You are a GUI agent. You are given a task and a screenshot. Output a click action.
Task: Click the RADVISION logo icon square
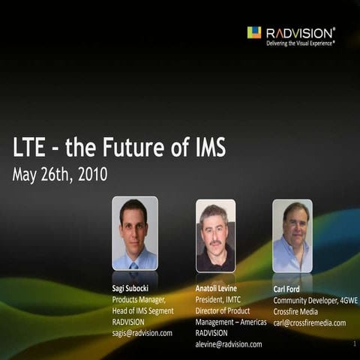pyautogui.click(x=254, y=32)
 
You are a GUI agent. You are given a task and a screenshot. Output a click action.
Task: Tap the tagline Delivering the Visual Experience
pyautogui.click(x=301, y=43)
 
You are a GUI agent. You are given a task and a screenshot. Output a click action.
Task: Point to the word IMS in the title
pyautogui.click(x=205, y=148)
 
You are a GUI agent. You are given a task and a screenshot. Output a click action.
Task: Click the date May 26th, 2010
pyautogui.click(x=60, y=175)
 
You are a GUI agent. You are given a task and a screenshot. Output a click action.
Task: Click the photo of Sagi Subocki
pyautogui.click(x=134, y=233)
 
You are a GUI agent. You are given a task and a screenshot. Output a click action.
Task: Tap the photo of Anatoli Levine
pyautogui.click(x=215, y=235)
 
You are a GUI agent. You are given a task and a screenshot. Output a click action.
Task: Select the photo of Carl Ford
pyautogui.click(x=292, y=235)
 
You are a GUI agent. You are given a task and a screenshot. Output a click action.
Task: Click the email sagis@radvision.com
pyautogui.click(x=142, y=332)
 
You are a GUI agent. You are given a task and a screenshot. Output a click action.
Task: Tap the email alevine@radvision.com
pyautogui.click(x=229, y=343)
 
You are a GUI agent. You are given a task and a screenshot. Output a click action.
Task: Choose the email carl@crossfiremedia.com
pyautogui.click(x=309, y=322)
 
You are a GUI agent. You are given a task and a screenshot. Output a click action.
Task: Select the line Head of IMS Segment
pyautogui.click(x=142, y=310)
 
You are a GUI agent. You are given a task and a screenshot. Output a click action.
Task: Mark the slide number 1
pyautogui.click(x=353, y=343)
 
